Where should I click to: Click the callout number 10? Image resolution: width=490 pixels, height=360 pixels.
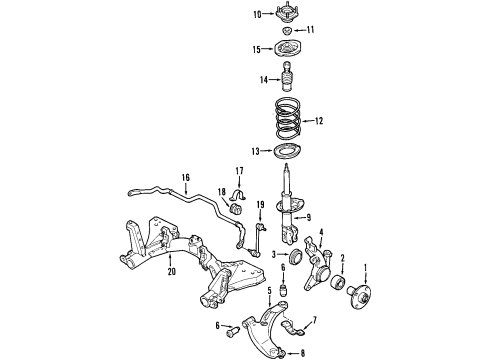coord(257,14)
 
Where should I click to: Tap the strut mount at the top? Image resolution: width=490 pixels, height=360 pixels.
coord(287,13)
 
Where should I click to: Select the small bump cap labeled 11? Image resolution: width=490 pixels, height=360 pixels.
coord(287,31)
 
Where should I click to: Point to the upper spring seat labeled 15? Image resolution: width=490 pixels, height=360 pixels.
coord(287,49)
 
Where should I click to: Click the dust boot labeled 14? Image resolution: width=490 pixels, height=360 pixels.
coord(287,76)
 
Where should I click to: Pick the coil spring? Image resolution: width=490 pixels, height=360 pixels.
coord(289,118)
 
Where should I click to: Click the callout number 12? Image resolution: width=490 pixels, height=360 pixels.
coord(319,121)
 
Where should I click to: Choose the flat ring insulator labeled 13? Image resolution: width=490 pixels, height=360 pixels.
coord(287,152)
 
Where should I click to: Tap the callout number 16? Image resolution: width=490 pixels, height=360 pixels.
coord(186,177)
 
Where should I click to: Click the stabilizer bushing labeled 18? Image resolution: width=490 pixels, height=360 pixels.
coord(236,208)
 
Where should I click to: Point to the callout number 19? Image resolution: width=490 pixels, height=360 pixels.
coord(260,204)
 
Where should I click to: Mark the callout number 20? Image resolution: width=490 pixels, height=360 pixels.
coord(172,272)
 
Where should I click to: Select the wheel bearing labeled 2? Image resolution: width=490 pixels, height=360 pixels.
coord(338,282)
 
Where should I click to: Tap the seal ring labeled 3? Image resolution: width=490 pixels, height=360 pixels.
coord(296,256)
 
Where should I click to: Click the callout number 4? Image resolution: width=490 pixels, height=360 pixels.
coord(321,232)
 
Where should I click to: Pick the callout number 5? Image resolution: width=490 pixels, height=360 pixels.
coord(269,291)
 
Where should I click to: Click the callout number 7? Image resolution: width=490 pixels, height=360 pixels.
coord(314,321)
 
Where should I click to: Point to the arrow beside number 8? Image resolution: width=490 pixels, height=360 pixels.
coord(292,353)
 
